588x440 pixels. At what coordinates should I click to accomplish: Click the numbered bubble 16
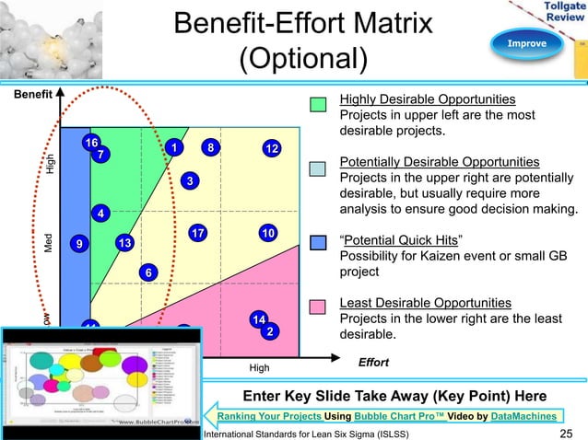point(90,144)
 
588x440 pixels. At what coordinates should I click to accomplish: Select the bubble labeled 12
point(271,149)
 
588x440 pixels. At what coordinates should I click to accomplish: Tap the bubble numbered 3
point(189,181)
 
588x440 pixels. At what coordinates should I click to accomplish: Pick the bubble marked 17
point(100,214)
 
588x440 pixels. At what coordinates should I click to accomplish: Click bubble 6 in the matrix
point(147,272)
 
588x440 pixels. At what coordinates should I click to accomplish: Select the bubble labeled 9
point(81,244)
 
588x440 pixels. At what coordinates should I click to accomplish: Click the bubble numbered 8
point(211,147)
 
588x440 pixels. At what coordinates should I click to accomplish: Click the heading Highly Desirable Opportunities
point(428,99)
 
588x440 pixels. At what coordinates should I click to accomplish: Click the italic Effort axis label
point(372,364)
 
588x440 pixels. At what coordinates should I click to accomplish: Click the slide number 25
point(567,433)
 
